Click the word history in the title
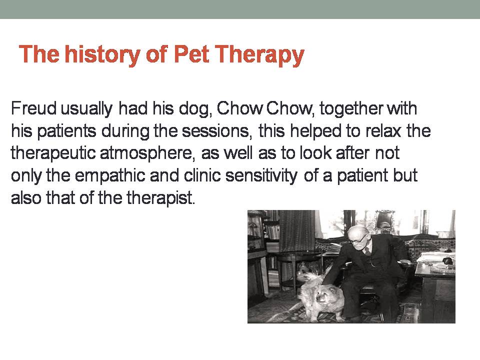(x=102, y=54)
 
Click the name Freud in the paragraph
(x=33, y=108)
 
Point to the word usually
(x=86, y=109)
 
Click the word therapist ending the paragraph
(x=160, y=198)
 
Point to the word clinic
(x=202, y=175)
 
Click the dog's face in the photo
(x=325, y=296)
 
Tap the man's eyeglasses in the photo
(x=358, y=239)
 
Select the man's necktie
(x=367, y=251)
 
